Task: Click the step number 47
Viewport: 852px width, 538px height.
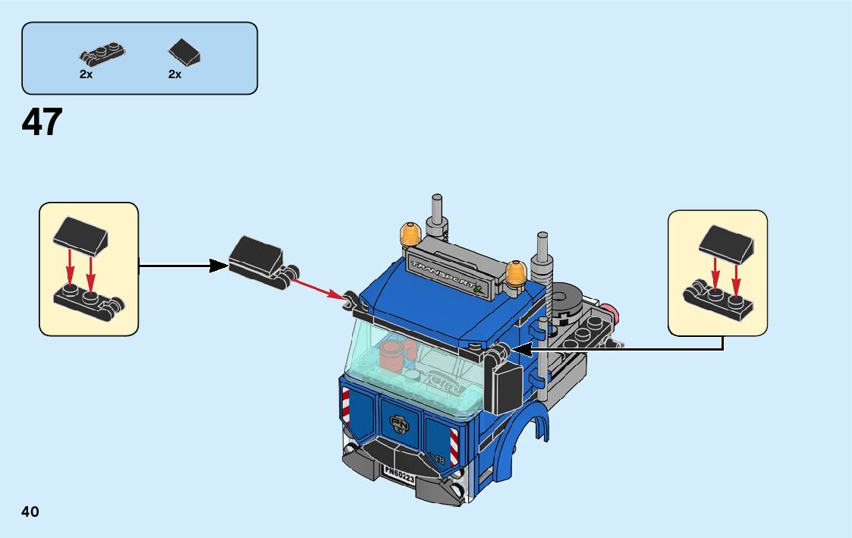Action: tap(42, 121)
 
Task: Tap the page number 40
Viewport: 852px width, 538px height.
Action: tap(30, 511)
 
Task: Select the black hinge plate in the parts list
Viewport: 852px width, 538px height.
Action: tap(102, 54)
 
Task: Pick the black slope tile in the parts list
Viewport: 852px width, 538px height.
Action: tap(184, 52)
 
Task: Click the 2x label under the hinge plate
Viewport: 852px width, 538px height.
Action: tap(86, 75)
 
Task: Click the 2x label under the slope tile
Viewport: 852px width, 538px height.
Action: tap(175, 75)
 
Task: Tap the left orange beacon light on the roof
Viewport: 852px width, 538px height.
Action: tap(410, 234)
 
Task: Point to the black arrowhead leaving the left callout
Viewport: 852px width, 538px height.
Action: tap(219, 265)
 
